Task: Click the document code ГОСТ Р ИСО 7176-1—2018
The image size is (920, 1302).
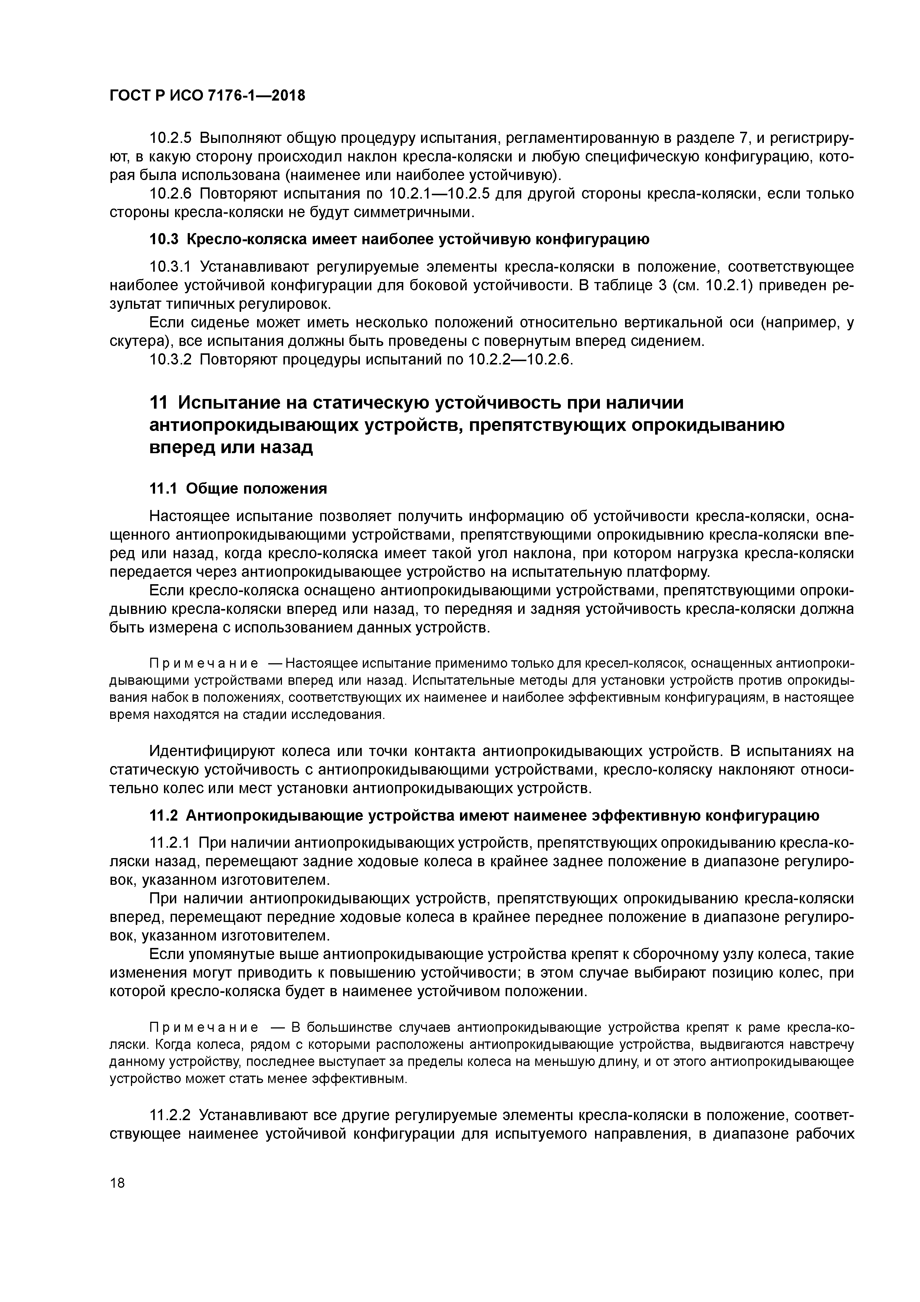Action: click(207, 96)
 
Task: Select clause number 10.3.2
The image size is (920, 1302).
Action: click(171, 360)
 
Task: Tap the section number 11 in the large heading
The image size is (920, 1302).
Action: click(159, 403)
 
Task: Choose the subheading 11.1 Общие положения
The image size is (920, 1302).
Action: click(238, 489)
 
